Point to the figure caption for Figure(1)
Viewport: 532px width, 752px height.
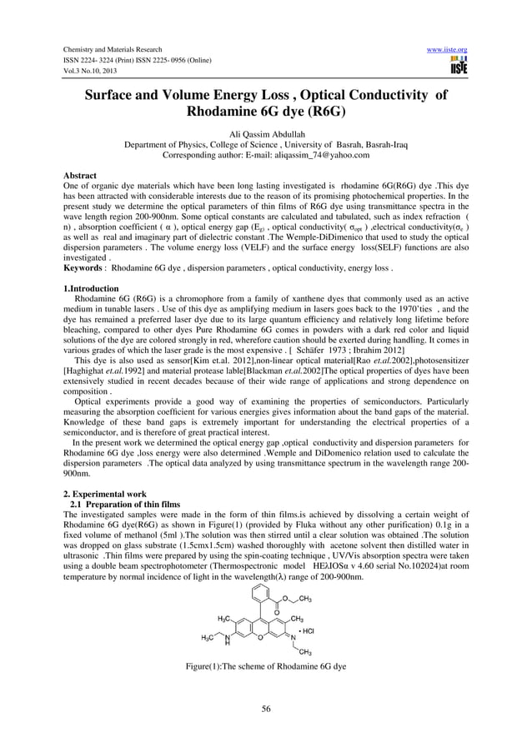265,666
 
